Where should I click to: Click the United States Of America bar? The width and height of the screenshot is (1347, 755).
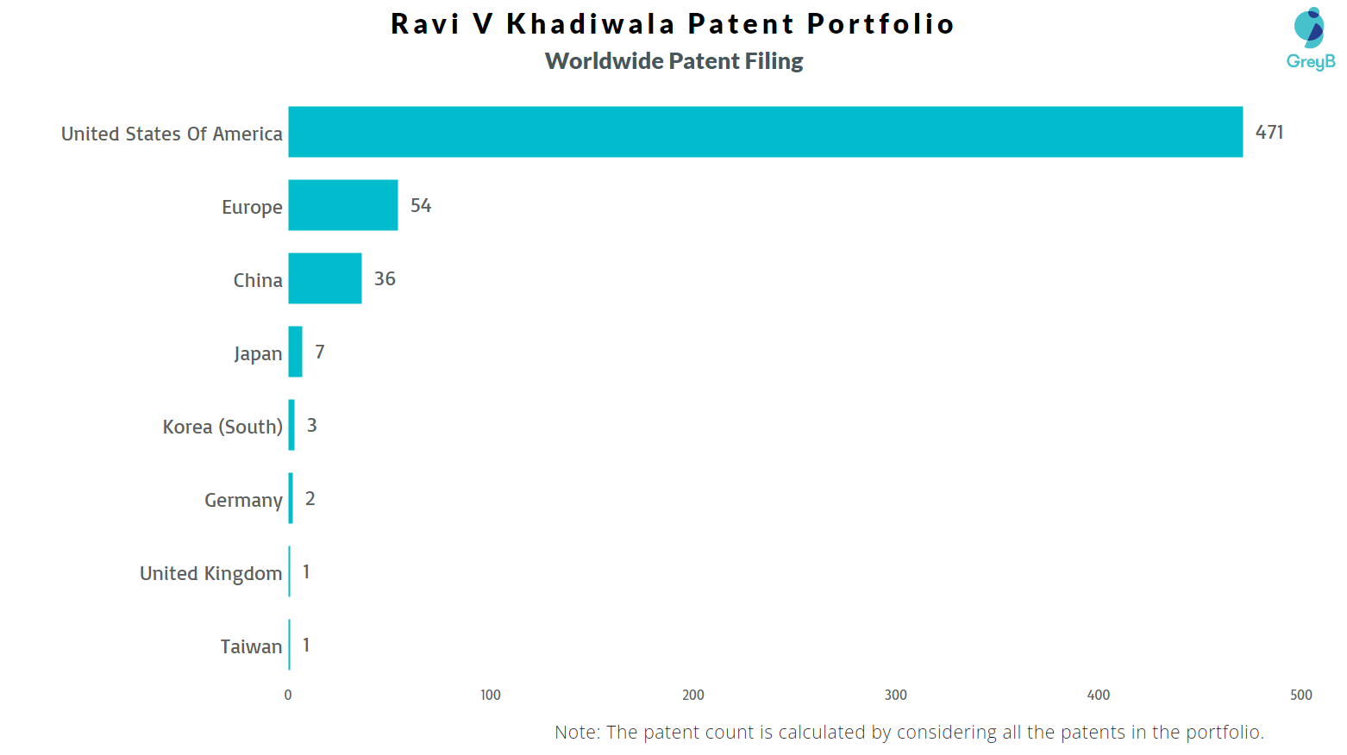click(765, 132)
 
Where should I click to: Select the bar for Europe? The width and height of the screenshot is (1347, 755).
click(342, 205)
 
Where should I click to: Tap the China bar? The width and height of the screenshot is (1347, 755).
click(324, 278)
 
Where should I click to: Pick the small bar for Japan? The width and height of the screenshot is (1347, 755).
click(295, 352)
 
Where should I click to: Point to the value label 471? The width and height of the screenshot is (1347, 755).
click(1269, 132)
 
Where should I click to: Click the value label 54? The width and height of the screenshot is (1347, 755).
click(420, 205)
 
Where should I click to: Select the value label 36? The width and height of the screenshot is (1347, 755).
click(385, 278)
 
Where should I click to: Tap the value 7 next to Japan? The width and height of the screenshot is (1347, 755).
click(320, 352)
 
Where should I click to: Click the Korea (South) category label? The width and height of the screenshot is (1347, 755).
click(222, 427)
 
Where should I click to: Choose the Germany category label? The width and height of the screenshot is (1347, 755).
click(243, 500)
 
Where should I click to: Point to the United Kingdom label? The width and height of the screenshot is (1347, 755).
click(210, 573)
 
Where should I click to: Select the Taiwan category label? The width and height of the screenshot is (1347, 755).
click(251, 646)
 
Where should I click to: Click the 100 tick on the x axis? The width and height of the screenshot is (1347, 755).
click(491, 695)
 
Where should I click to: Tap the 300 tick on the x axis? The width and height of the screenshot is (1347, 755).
click(896, 695)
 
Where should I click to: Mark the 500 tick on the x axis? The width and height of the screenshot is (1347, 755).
click(1300, 695)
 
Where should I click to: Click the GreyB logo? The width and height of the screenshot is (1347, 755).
click(1310, 39)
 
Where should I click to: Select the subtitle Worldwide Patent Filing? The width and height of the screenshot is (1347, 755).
click(673, 61)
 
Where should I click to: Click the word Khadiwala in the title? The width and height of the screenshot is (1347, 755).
click(591, 23)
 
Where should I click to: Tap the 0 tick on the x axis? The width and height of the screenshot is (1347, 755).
click(288, 695)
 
